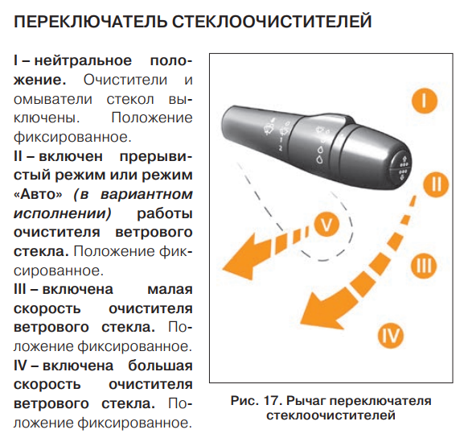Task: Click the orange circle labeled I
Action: [x=424, y=101]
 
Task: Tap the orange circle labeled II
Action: [x=436, y=184]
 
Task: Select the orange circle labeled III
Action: [x=424, y=266]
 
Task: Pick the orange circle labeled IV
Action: [x=391, y=336]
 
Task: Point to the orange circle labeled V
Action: [x=327, y=224]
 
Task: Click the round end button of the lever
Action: [x=401, y=170]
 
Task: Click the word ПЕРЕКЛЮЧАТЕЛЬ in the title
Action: [x=90, y=22]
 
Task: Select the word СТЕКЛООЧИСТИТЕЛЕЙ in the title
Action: [x=271, y=22]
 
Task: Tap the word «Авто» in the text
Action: [x=38, y=195]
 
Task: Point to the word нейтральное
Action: [x=83, y=61]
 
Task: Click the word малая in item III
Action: [x=170, y=290]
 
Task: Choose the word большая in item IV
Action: [x=160, y=366]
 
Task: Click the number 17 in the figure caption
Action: [x=273, y=401]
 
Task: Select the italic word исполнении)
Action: [x=63, y=213]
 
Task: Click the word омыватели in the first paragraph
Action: [x=53, y=99]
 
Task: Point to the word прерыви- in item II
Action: [x=156, y=156]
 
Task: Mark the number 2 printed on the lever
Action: [x=281, y=148]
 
